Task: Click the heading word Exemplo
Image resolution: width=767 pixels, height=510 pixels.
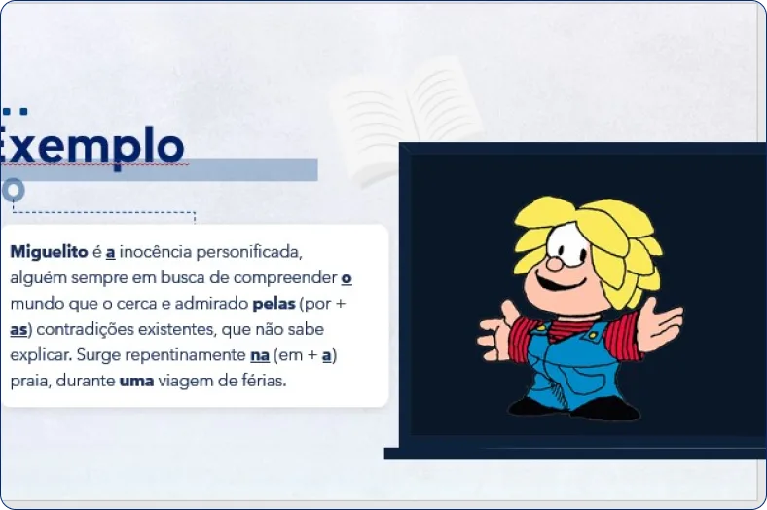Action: point(91,146)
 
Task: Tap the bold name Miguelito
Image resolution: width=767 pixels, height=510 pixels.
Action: point(49,252)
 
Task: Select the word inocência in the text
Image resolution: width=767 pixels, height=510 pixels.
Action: point(157,252)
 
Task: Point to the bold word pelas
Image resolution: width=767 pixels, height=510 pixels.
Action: point(273,304)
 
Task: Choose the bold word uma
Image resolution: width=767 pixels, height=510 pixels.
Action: point(136,381)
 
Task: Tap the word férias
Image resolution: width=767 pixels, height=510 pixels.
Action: point(262,381)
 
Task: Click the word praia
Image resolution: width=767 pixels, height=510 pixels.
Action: point(29,381)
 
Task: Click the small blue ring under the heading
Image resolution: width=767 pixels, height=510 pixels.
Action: point(13,190)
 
